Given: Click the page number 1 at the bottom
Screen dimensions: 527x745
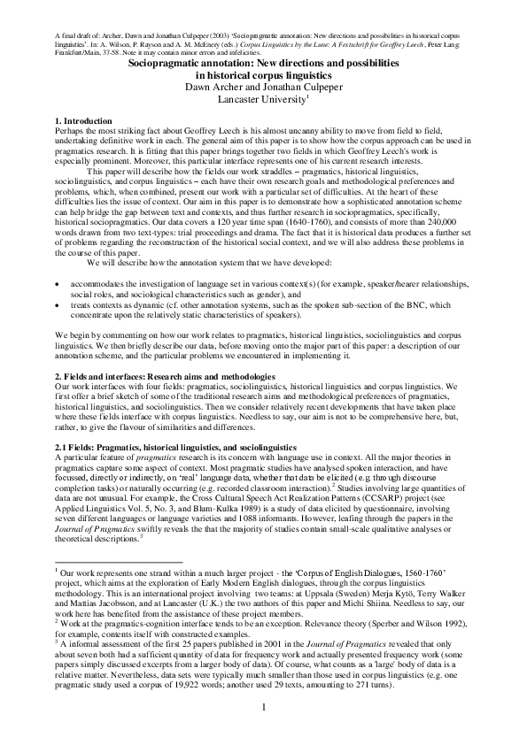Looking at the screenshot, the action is (x=263, y=708).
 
